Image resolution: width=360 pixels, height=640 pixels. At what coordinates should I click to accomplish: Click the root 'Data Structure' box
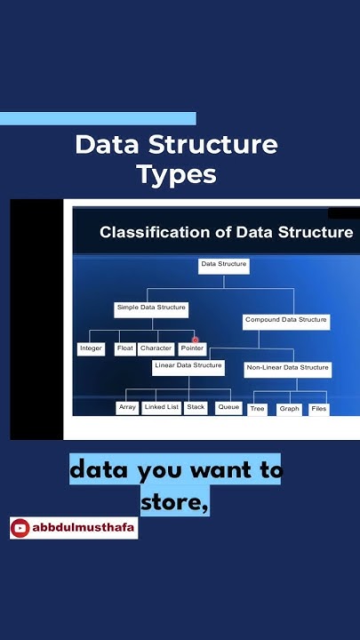223,265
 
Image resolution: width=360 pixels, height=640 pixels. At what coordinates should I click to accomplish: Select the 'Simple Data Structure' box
151,308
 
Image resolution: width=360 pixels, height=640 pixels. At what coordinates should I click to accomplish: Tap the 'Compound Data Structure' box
286,320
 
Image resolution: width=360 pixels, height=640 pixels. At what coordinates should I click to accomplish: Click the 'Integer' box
92,348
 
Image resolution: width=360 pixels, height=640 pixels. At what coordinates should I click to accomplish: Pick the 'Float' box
125,348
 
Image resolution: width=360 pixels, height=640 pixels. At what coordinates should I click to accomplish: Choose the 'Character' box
156,348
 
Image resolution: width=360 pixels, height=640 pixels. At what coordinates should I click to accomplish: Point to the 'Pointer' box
192,348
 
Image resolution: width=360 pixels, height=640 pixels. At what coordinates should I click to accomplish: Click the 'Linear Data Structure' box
188,366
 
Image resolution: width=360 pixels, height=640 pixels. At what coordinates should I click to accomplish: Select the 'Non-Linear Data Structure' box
287,367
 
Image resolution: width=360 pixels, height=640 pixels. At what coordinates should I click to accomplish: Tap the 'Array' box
128,407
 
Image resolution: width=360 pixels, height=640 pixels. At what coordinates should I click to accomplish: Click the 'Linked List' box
162,407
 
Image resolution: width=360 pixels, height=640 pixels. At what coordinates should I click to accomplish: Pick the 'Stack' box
196,407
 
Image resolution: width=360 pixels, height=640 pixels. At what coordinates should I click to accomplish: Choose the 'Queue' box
228,407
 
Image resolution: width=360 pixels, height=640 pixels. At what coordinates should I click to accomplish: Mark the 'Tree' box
258,409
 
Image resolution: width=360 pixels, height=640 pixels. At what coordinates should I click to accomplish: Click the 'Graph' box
289,409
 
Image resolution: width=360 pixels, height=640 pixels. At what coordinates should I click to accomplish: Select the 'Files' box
319,409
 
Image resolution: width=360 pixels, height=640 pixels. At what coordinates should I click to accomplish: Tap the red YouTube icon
20,528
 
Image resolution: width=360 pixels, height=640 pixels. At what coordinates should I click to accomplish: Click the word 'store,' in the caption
174,501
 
